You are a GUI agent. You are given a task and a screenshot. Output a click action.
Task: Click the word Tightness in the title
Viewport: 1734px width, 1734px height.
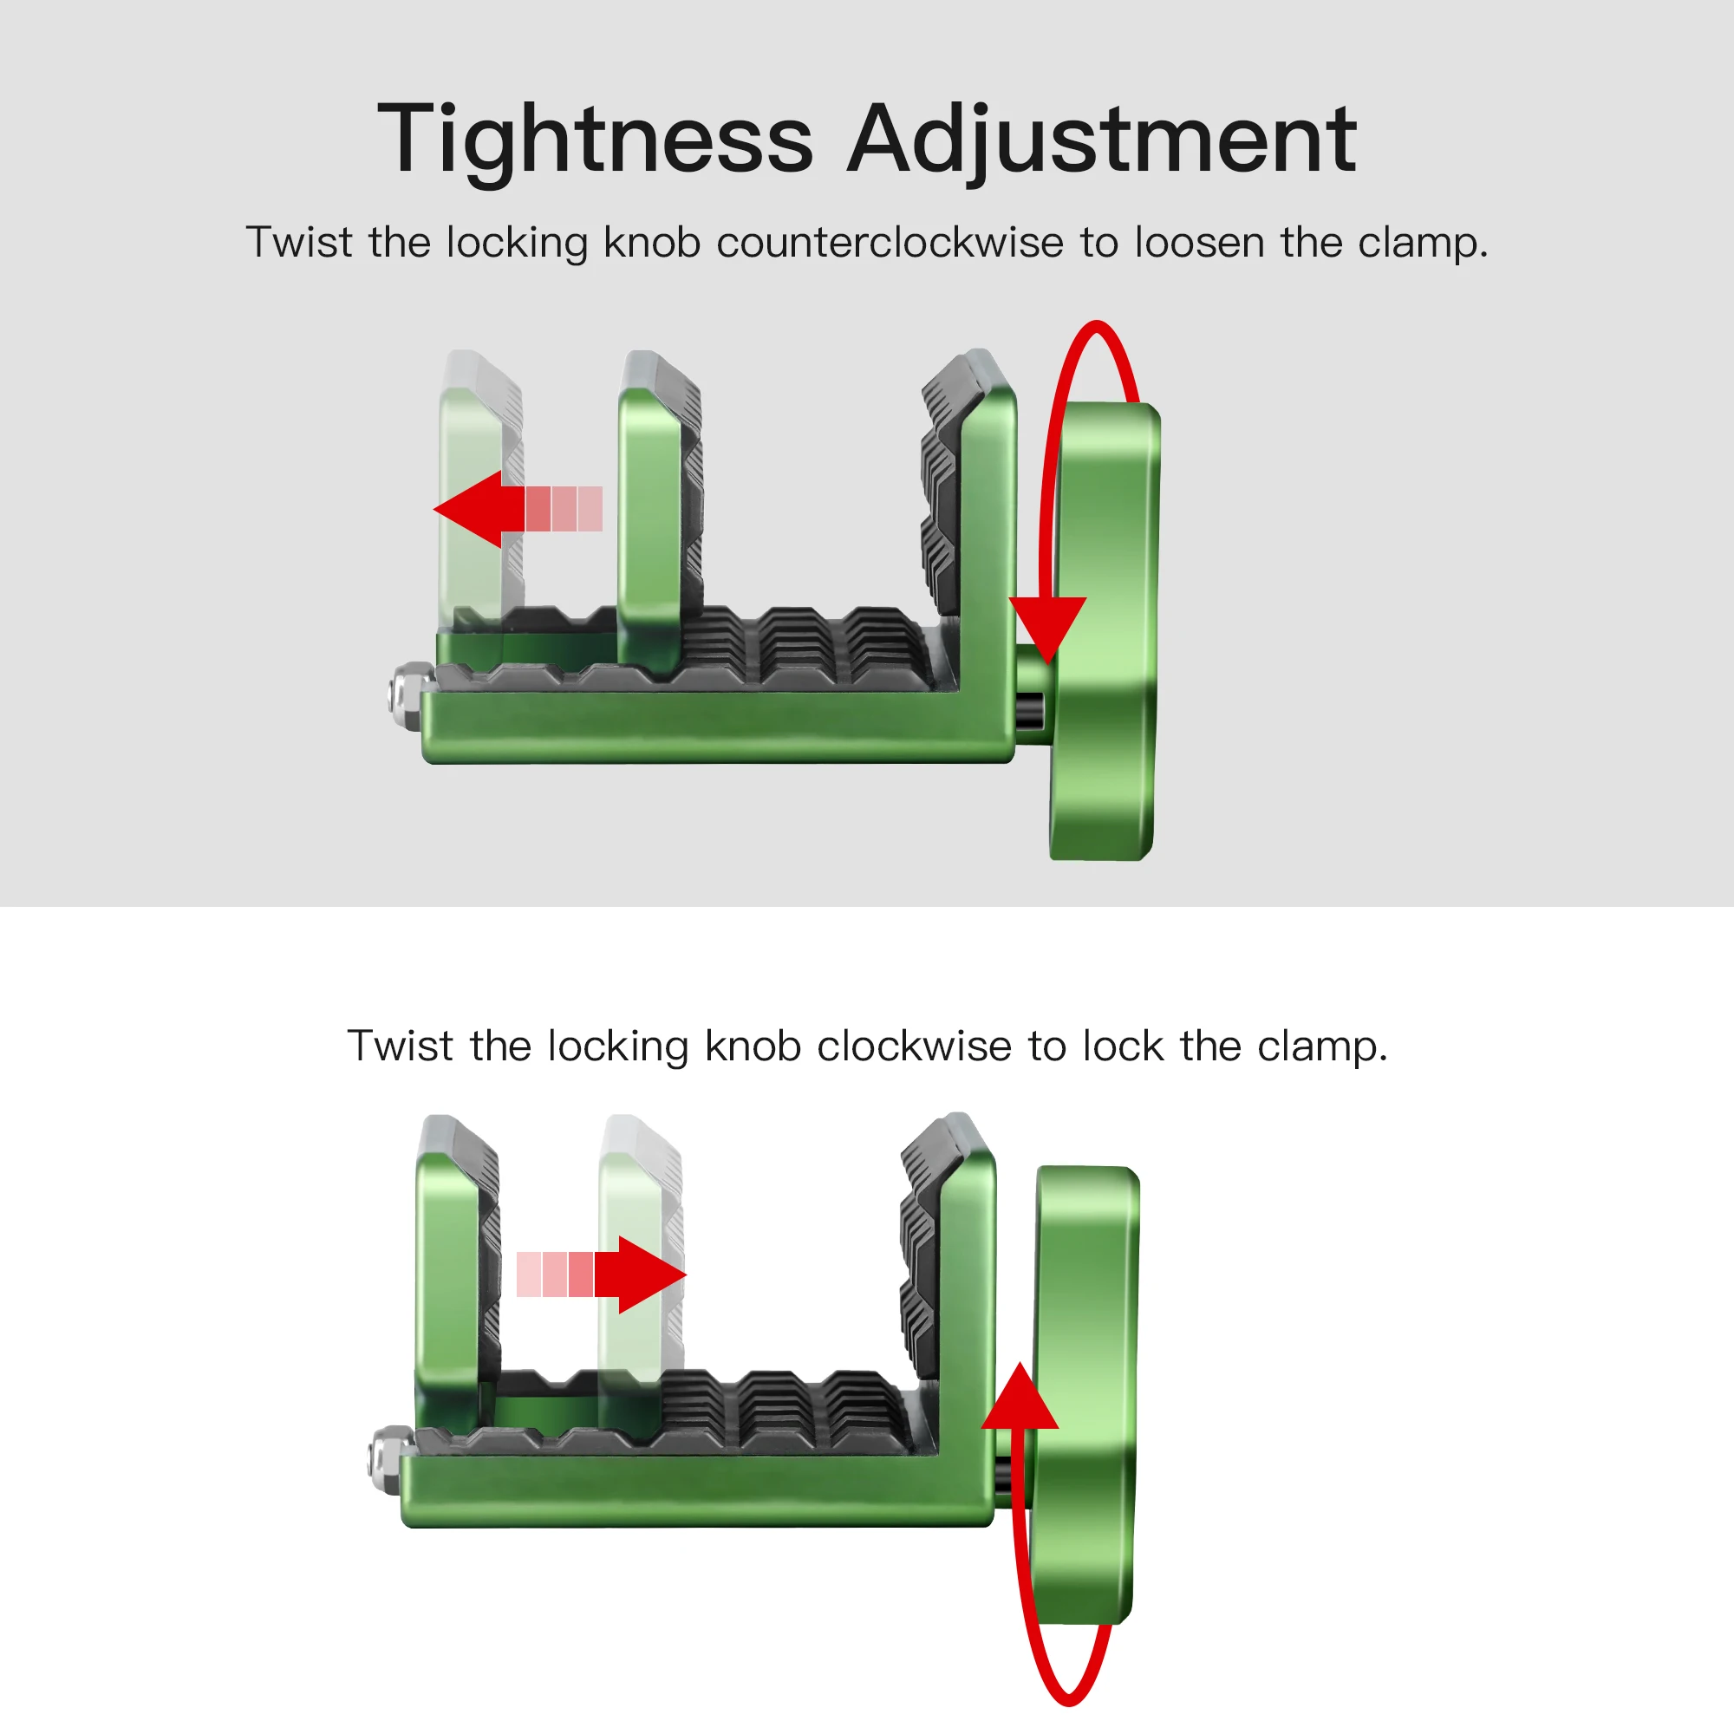tap(594, 141)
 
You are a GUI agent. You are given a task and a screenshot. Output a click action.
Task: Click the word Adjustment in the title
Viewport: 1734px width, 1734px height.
tap(1101, 141)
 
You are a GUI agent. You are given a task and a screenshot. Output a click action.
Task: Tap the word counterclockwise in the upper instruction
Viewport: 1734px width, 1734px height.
tap(890, 243)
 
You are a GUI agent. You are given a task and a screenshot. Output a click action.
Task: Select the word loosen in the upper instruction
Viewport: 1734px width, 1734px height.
tap(1200, 243)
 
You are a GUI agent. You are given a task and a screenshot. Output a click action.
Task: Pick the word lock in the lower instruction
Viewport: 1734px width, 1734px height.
tap(1122, 1046)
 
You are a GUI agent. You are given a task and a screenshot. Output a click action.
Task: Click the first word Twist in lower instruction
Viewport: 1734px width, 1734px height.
tap(400, 1046)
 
